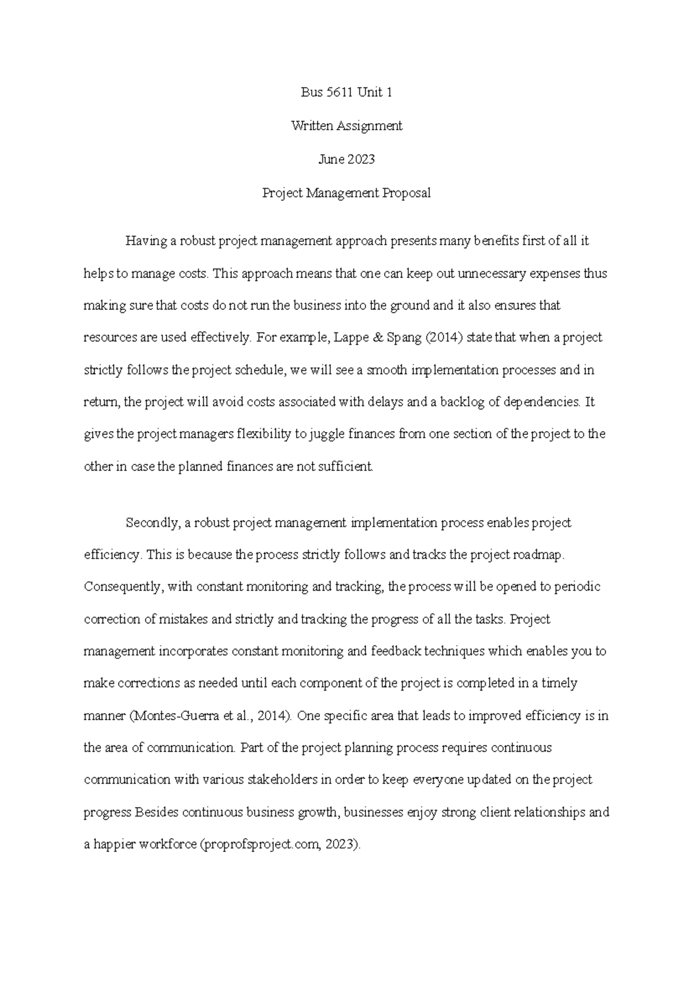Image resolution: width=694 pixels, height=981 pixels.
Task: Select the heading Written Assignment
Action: point(346,126)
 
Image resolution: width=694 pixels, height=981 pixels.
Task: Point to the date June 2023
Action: point(346,159)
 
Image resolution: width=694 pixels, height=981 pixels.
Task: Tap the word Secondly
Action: point(152,523)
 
